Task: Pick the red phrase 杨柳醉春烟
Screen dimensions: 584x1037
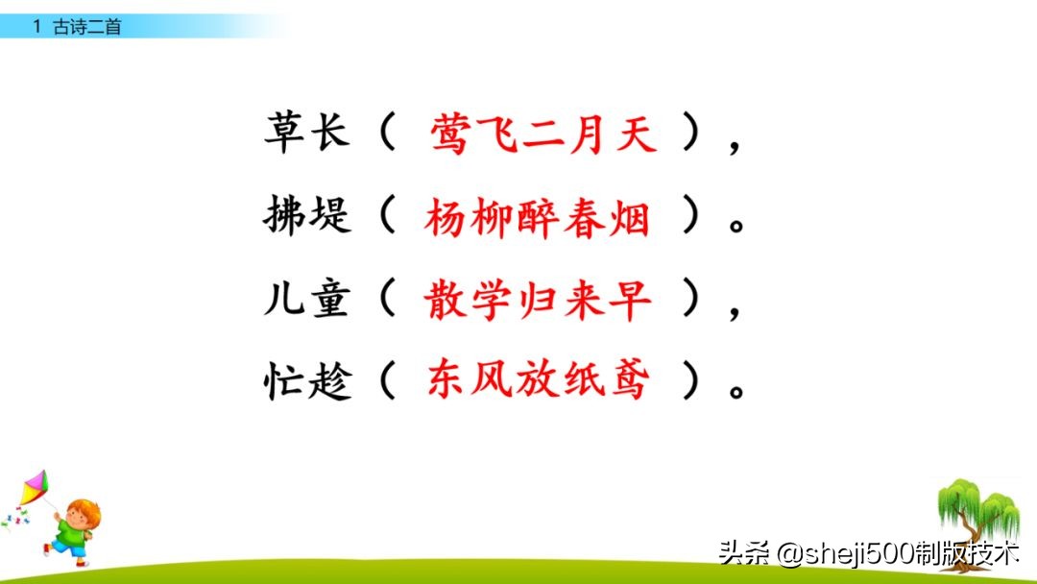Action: [x=537, y=219]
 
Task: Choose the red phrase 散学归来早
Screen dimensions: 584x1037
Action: [x=537, y=302]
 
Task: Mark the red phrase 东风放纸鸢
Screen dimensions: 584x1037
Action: [x=538, y=383]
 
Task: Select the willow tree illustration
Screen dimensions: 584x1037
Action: [x=977, y=514]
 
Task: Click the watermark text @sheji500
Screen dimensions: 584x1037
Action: [x=822, y=554]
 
